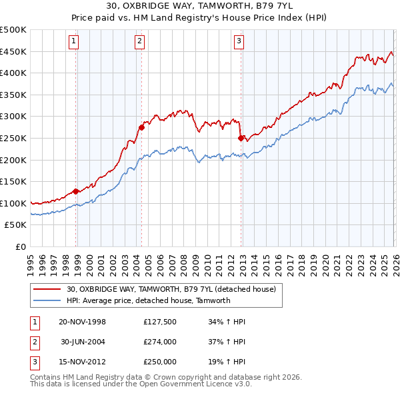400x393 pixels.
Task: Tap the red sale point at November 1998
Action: (x=76, y=191)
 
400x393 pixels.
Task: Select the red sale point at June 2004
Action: (x=141, y=127)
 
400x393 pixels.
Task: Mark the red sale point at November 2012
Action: (x=241, y=138)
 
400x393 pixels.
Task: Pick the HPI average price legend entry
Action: (x=148, y=300)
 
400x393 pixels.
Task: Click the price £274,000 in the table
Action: (x=160, y=342)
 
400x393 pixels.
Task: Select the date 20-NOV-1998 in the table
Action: (x=83, y=322)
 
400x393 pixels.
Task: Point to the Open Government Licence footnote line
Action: (x=141, y=384)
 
